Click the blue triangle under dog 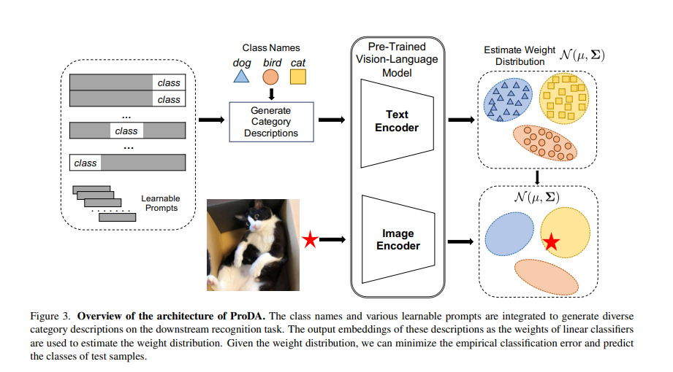pyautogui.click(x=241, y=77)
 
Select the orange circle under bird pyautogui.click(x=270, y=77)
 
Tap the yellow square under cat pyautogui.click(x=298, y=77)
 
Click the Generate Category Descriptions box pyautogui.click(x=271, y=122)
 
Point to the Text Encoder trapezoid pyautogui.click(x=397, y=123)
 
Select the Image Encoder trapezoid pyautogui.click(x=398, y=239)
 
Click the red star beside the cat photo pyautogui.click(x=310, y=239)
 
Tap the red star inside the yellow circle pyautogui.click(x=552, y=242)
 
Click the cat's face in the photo pyautogui.click(x=256, y=219)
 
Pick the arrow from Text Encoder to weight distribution pyautogui.click(x=461, y=120)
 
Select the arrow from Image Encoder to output pyautogui.click(x=460, y=241)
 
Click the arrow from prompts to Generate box pyautogui.click(x=212, y=120)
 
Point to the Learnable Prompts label pyautogui.click(x=161, y=204)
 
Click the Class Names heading pyautogui.click(x=271, y=48)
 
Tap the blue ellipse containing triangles pyautogui.click(x=508, y=99)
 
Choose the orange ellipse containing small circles pyautogui.click(x=545, y=143)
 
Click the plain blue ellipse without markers pyautogui.click(x=509, y=234)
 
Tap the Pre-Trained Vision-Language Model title pyautogui.click(x=397, y=60)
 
